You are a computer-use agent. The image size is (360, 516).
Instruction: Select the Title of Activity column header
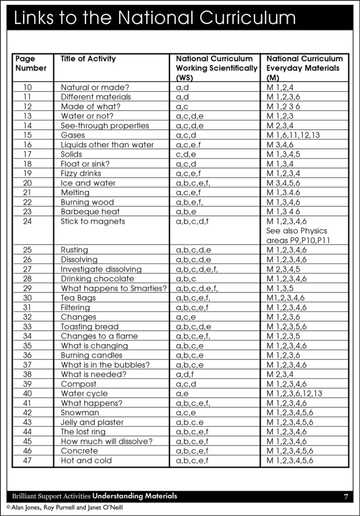coord(88,59)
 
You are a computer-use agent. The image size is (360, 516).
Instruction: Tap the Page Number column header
coord(31,63)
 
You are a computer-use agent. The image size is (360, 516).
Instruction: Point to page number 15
coord(28,135)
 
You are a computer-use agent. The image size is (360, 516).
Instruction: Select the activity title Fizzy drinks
coord(81,174)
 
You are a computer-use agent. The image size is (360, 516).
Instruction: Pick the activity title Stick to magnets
coord(93,222)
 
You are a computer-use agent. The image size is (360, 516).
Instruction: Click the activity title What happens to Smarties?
coord(114,289)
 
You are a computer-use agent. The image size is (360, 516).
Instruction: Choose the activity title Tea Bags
coord(78,298)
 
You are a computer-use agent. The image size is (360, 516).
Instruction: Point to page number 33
coord(28,327)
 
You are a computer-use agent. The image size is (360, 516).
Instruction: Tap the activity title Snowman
coord(80,413)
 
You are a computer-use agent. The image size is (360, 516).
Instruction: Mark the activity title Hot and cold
coord(86,461)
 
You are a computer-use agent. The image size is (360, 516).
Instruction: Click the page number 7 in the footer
coord(346,497)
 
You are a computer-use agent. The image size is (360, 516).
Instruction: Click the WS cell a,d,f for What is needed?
coord(184,375)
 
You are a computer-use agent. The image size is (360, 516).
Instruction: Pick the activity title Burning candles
coord(91,355)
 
